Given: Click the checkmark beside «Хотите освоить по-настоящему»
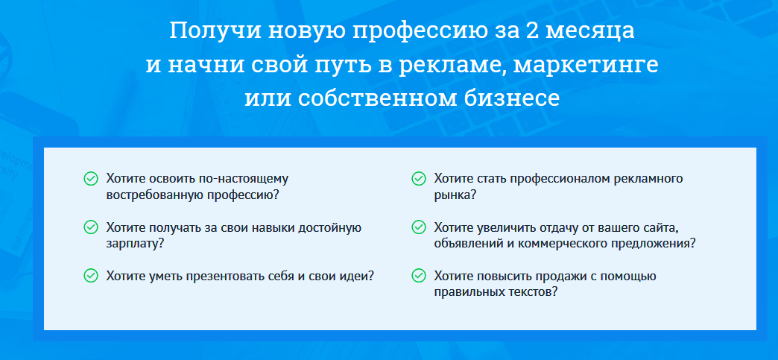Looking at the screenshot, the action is pyautogui.click(x=91, y=178).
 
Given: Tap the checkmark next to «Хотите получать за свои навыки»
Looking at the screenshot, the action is pyautogui.click(x=91, y=227).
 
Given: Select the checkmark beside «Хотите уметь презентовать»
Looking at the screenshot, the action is pyautogui.click(x=91, y=276).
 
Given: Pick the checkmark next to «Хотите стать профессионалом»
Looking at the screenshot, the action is pyautogui.click(x=419, y=178).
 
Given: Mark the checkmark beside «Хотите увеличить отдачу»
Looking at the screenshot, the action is pyautogui.click(x=419, y=227).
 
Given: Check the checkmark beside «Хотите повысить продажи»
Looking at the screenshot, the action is pyautogui.click(x=419, y=276).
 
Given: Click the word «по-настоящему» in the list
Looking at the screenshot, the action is pyautogui.click(x=243, y=179).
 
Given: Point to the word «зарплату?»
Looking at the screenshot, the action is pyautogui.click(x=136, y=244).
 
